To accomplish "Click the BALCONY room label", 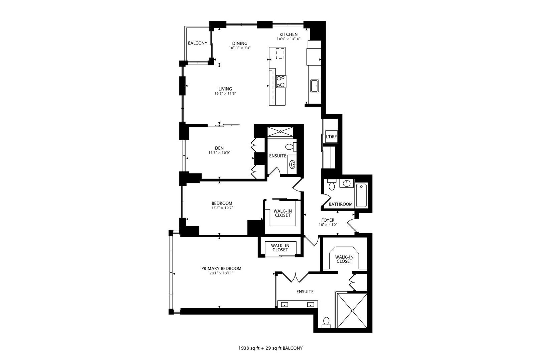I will (197, 43).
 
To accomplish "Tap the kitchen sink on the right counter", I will (314, 86).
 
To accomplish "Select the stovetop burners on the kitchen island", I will (281, 81).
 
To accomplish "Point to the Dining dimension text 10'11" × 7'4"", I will (239, 48).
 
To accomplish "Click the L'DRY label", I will (331, 137).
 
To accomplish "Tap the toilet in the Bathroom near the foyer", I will (331, 186).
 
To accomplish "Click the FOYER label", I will (328, 220).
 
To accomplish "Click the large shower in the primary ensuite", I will (352, 311).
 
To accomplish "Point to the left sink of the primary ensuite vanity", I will (285, 305).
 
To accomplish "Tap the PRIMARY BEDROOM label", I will (221, 268).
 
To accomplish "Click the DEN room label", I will (219, 148).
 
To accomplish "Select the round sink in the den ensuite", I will (293, 164).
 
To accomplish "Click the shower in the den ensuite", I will (281, 132).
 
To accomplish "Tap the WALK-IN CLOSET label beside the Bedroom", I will (282, 213).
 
